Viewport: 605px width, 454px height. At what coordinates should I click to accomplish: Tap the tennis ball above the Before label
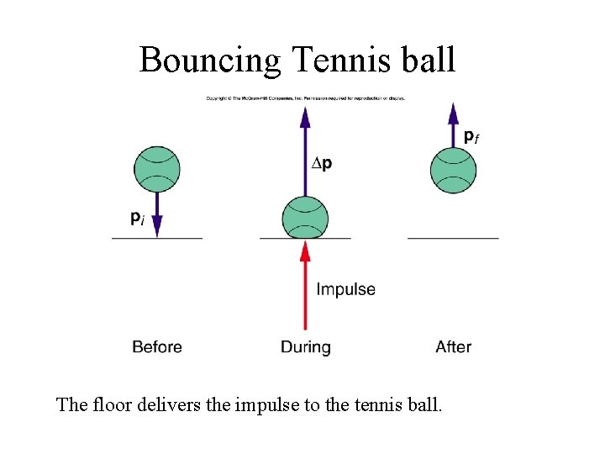tap(157, 169)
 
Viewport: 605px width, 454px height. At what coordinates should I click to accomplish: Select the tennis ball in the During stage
tap(305, 218)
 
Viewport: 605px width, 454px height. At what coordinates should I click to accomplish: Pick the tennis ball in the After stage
tap(453, 171)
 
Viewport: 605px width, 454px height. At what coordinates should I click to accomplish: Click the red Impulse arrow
tap(305, 286)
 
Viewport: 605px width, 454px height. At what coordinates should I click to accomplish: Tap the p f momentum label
tap(471, 136)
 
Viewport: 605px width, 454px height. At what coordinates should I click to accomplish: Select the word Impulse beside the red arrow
tap(345, 289)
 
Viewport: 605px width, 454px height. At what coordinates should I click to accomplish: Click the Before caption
tap(157, 346)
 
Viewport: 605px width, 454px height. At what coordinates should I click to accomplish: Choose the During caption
tap(305, 346)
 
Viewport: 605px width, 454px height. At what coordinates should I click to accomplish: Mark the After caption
tap(453, 346)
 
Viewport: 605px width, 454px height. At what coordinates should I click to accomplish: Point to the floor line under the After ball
tap(453, 239)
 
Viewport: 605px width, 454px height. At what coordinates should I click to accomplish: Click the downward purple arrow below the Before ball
tap(157, 214)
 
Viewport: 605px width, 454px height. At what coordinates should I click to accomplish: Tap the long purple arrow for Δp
tap(305, 147)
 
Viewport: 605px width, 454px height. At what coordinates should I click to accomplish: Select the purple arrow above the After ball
tap(453, 124)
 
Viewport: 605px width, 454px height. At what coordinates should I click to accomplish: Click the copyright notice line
tap(305, 98)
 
